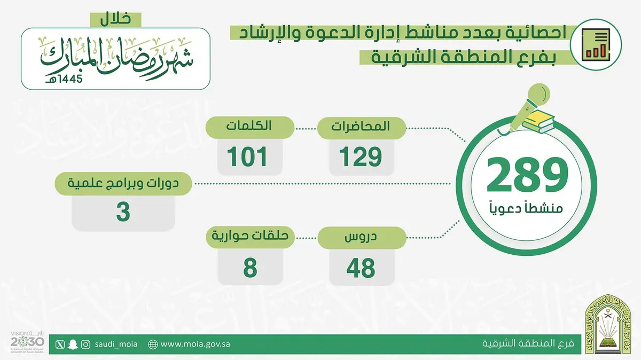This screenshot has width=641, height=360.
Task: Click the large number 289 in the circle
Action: [527, 175]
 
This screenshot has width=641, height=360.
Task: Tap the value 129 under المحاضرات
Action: [361, 157]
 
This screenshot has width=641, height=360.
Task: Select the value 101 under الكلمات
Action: [247, 157]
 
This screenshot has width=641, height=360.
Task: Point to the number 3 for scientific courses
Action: [123, 212]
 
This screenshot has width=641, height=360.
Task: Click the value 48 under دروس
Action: [361, 268]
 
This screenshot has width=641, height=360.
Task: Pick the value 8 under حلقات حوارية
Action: [250, 268]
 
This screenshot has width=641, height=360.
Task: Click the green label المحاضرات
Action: [362, 128]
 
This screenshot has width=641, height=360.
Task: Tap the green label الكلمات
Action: [250, 127]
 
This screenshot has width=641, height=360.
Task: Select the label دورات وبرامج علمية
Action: [123, 184]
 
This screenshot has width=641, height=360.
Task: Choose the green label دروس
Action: [362, 238]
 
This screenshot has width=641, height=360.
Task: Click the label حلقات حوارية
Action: [250, 237]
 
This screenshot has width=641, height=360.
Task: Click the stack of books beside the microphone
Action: [538, 122]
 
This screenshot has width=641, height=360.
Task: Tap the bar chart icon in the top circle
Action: [596, 45]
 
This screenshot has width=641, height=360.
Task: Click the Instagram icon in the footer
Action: [85, 345]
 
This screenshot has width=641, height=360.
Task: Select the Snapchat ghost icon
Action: [73, 345]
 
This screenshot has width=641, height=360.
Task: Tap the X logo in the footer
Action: [60, 345]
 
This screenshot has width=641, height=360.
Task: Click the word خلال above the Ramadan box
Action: [115, 19]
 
